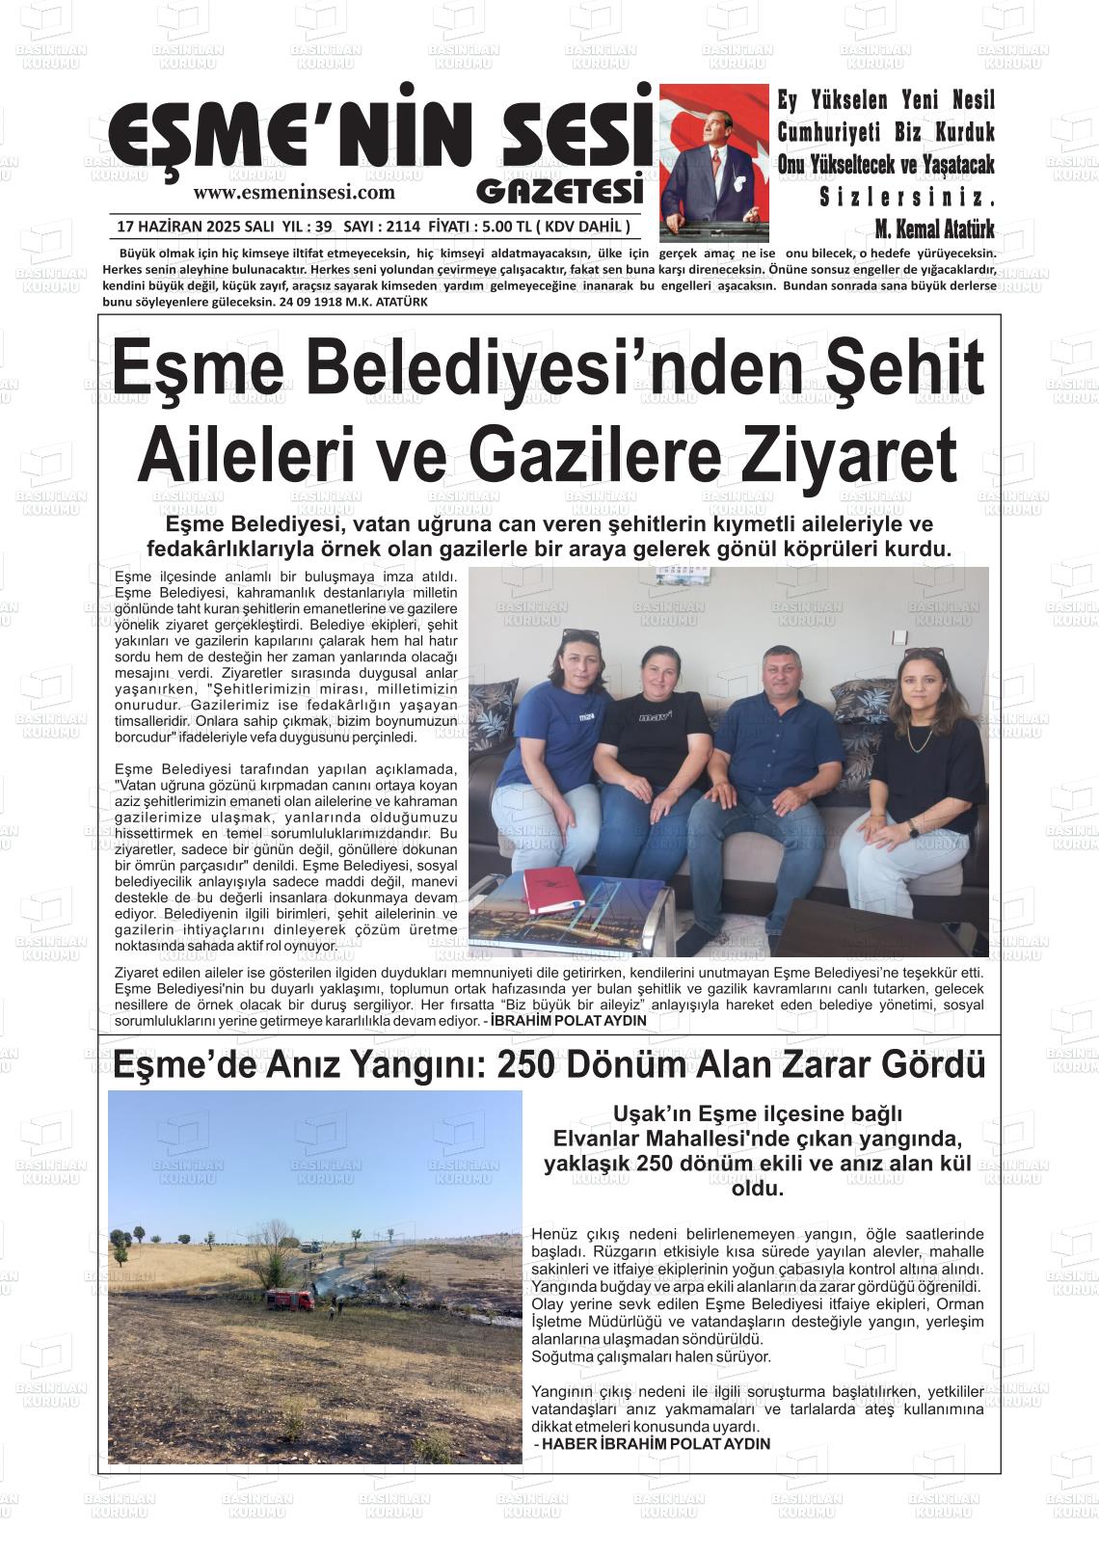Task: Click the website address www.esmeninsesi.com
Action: (x=294, y=192)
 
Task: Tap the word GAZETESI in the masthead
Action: (x=559, y=190)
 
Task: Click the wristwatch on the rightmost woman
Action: (x=912, y=829)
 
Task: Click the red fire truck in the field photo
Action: (x=289, y=1299)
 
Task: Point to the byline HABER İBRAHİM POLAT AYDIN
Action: (x=656, y=1443)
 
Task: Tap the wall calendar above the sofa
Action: (x=682, y=576)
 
